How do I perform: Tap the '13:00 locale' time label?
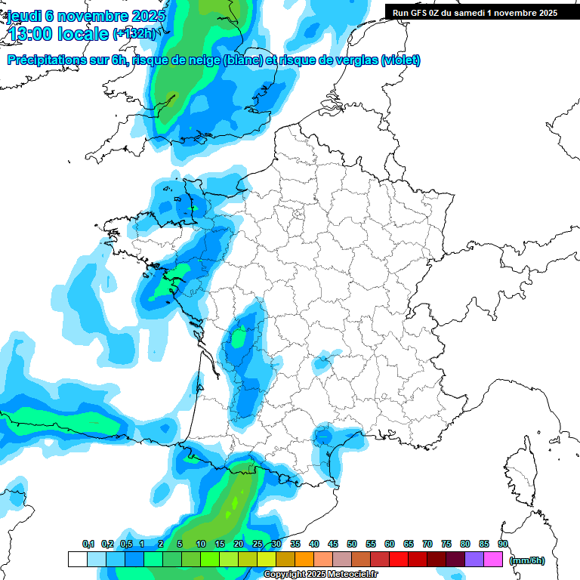[x=57, y=33]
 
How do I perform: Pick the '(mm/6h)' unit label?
[x=526, y=560]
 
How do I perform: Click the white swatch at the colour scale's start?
[x=77, y=560]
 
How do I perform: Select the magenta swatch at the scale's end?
[x=493, y=560]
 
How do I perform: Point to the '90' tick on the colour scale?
[x=502, y=544]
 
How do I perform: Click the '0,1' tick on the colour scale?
[x=88, y=544]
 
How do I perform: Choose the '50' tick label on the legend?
[x=352, y=544]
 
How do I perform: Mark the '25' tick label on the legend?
[x=258, y=544]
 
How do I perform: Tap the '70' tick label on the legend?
[x=427, y=544]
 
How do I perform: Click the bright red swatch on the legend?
[x=399, y=560]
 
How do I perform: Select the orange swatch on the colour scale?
[x=304, y=560]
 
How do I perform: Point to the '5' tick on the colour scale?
[x=180, y=544]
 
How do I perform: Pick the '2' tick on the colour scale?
[x=161, y=544]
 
